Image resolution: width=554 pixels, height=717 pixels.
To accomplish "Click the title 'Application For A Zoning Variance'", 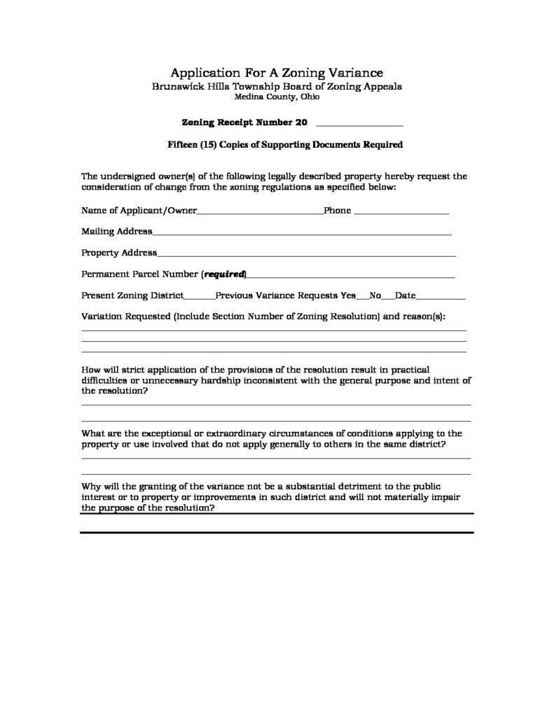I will coord(277,73).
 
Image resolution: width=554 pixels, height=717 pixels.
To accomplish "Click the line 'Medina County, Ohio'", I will coord(277,97).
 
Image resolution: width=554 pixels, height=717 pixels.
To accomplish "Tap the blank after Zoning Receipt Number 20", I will coord(360,123).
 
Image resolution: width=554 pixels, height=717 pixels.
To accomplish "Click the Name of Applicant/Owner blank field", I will coord(260,211).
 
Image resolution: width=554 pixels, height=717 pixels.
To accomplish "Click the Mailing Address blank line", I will coord(302,232).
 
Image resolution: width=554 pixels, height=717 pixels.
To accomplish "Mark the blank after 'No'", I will coord(388,296).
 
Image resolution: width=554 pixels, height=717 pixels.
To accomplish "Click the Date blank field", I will coord(441,296).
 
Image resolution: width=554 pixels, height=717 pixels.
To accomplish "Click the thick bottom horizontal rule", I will coord(277,533).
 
